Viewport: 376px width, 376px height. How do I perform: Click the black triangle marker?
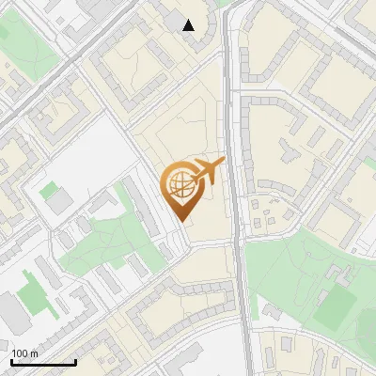click(x=189, y=25)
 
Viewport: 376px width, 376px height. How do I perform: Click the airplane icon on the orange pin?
click(x=208, y=172)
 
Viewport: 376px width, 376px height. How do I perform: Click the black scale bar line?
click(x=42, y=362)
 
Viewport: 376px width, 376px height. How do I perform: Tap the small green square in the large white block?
click(x=48, y=190)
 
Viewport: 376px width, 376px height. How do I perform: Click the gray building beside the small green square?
click(x=60, y=201)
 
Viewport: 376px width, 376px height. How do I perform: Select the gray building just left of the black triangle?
click(x=174, y=19)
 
